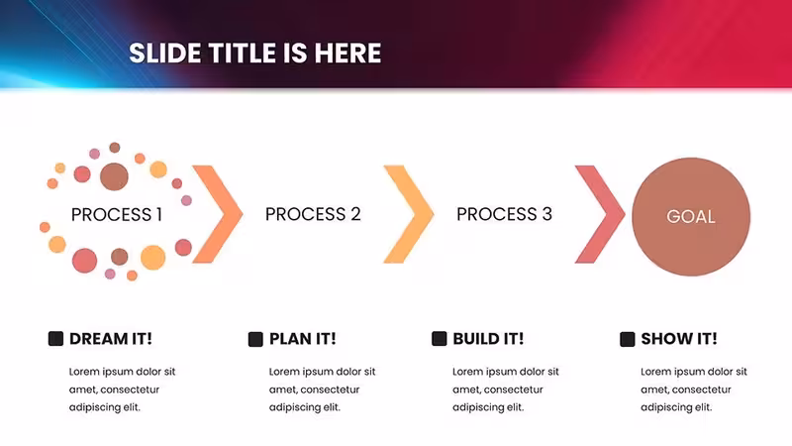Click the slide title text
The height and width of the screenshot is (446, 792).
(255, 54)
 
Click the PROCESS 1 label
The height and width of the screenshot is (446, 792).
(117, 215)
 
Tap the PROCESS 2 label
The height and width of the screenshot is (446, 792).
(313, 214)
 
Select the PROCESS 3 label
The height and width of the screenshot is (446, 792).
(505, 214)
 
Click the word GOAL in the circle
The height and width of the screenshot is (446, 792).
(690, 217)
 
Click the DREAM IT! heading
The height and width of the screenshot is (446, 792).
(111, 339)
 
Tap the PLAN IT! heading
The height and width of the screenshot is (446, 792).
(303, 339)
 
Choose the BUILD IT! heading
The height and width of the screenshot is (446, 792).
(488, 339)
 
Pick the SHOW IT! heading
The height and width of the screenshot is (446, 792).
(679, 339)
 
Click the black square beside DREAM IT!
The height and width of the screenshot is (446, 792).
(55, 339)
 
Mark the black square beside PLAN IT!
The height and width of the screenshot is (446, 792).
(255, 339)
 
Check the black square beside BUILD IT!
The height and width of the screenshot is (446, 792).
(440, 339)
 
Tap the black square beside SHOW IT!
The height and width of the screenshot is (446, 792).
(628, 339)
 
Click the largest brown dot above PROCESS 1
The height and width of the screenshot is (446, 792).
(114, 176)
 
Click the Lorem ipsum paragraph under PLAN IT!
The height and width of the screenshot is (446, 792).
(323, 390)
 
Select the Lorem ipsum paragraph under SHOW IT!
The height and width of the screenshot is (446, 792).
(694, 390)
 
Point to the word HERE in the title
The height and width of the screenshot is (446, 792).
(348, 54)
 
